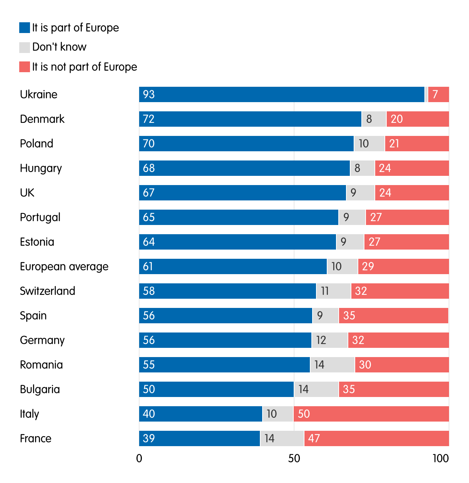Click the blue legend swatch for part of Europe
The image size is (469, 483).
(25, 28)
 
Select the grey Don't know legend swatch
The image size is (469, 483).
(25, 47)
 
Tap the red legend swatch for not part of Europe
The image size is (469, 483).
(25, 67)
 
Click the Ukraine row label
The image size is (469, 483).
(38, 94)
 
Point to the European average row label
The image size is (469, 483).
(64, 266)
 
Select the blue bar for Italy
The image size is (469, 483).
(200, 414)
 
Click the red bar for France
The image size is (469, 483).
(376, 438)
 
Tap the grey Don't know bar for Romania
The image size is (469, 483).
(332, 365)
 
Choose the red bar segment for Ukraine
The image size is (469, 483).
(438, 94)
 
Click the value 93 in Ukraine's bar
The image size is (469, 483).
(149, 94)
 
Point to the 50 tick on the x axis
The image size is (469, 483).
(294, 458)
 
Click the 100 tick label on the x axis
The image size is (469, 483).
(440, 458)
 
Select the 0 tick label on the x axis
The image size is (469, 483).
(139, 458)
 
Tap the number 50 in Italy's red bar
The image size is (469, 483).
(304, 414)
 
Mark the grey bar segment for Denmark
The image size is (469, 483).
(374, 119)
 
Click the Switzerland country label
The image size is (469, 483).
(48, 291)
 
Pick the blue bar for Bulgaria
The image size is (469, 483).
(216, 389)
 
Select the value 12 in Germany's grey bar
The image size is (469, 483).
(321, 340)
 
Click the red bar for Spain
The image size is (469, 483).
(393, 316)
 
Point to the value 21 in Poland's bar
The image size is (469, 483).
(394, 144)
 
